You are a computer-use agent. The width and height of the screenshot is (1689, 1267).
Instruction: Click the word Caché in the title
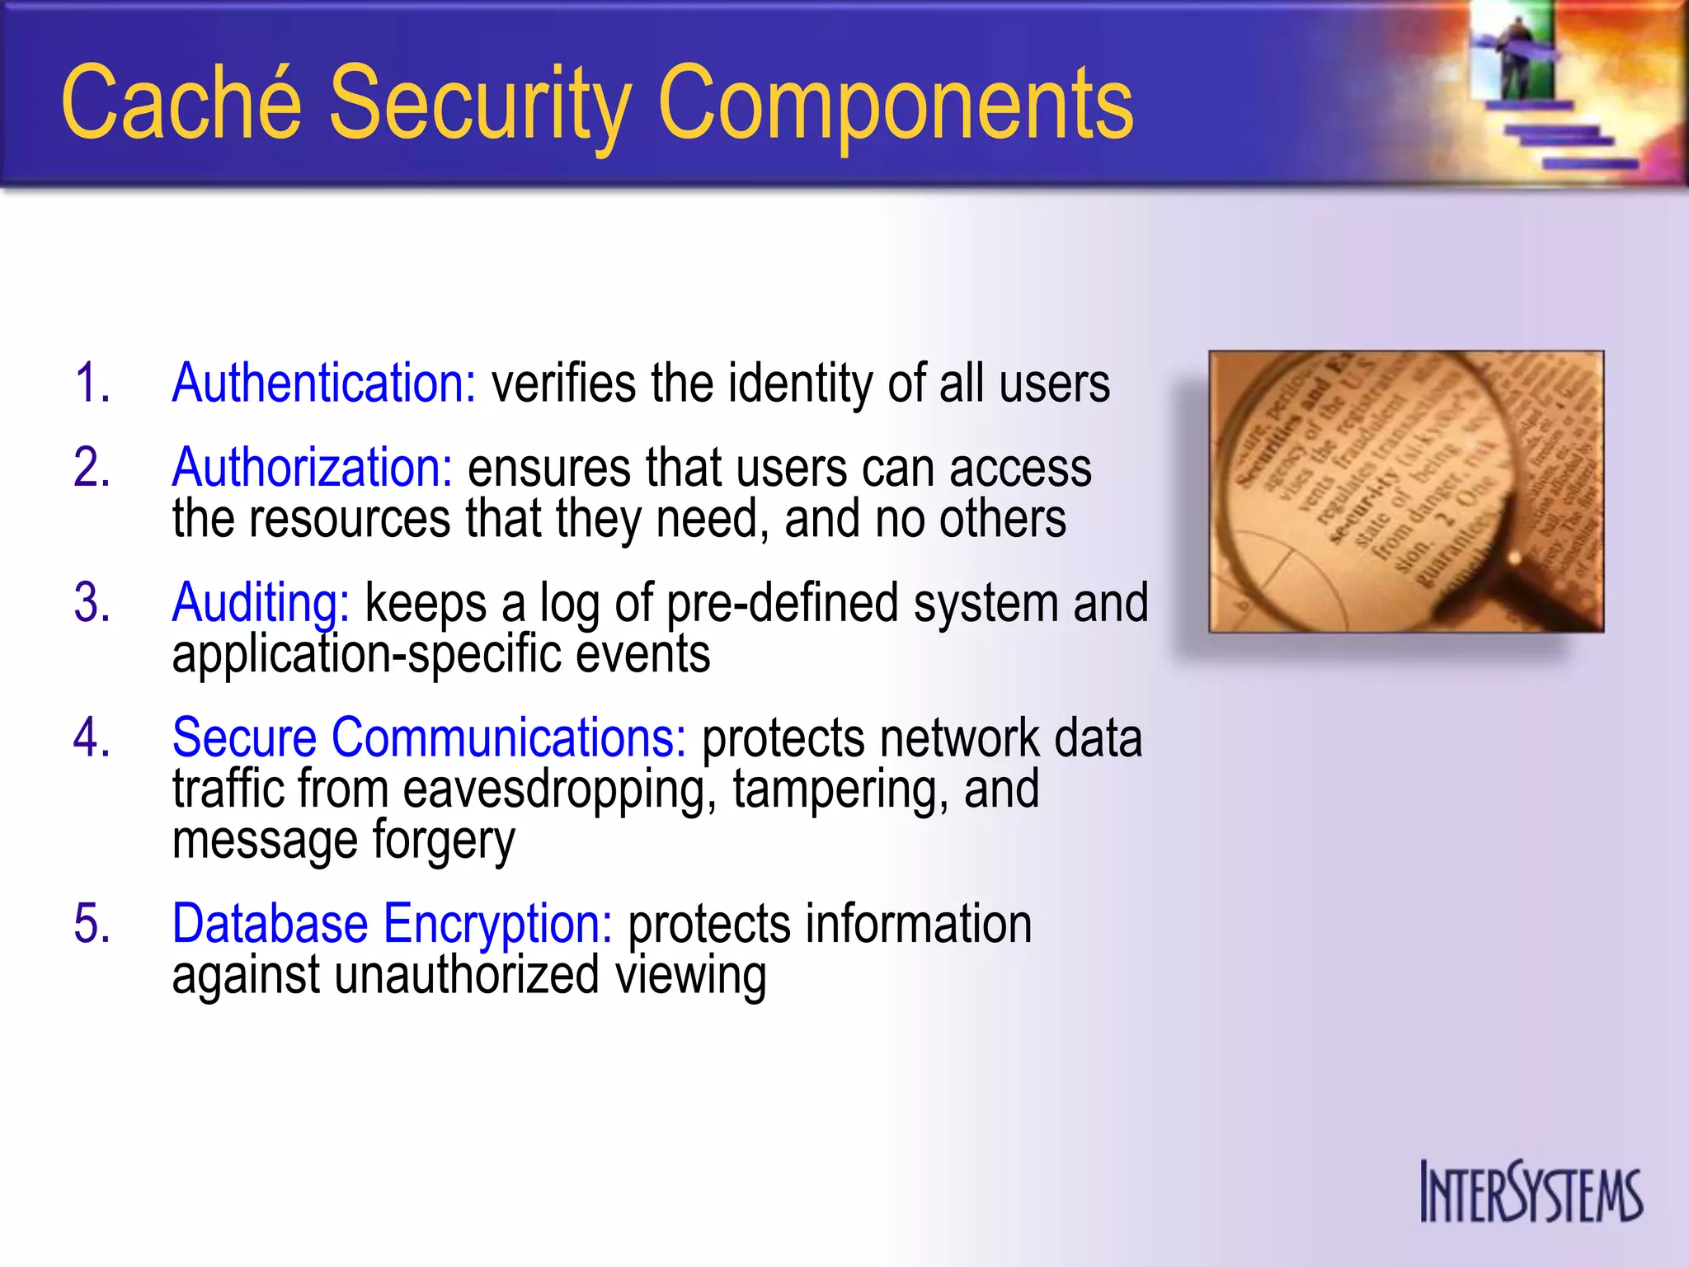click(181, 103)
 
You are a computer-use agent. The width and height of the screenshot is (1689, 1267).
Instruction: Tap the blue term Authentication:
click(324, 384)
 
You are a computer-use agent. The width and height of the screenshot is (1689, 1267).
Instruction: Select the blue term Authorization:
click(313, 468)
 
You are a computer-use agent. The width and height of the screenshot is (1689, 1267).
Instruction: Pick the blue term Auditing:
click(261, 603)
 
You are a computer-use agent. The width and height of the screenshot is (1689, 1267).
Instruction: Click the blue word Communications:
click(509, 737)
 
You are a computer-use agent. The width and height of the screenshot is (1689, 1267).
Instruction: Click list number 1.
click(92, 384)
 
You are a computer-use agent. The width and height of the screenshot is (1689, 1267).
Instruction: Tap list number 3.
click(92, 603)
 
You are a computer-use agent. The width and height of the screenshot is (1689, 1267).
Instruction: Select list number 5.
click(92, 923)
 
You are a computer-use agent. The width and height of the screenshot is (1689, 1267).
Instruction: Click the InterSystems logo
click(1531, 1192)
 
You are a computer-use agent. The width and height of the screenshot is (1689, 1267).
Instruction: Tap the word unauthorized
click(467, 975)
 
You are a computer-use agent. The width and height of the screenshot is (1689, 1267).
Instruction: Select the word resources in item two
click(350, 519)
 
